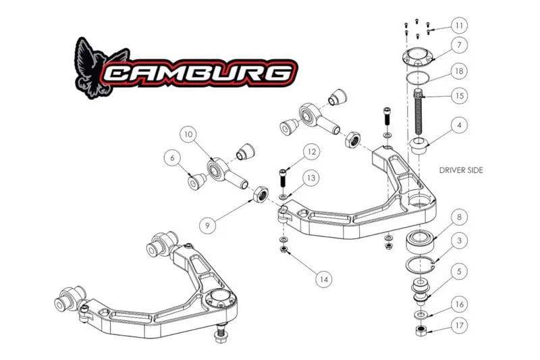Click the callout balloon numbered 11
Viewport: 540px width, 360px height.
pyautogui.click(x=459, y=26)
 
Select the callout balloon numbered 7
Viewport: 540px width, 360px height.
pyautogui.click(x=459, y=45)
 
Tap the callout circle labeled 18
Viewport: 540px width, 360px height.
pyautogui.click(x=459, y=72)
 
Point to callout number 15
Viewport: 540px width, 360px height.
pyautogui.click(x=460, y=95)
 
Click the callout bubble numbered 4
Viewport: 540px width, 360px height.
pyautogui.click(x=459, y=125)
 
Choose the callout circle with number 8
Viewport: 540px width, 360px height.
pyautogui.click(x=459, y=217)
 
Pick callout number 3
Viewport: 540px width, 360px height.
pyautogui.click(x=459, y=240)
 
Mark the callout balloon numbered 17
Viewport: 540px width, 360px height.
pyautogui.click(x=459, y=326)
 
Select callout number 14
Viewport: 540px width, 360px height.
pyautogui.click(x=324, y=279)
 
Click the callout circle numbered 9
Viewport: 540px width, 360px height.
pyautogui.click(x=207, y=226)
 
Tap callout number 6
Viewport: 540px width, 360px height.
pyautogui.click(x=172, y=158)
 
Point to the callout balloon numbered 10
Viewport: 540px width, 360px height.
pyautogui.click(x=188, y=134)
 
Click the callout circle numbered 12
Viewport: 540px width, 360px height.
pyautogui.click(x=311, y=152)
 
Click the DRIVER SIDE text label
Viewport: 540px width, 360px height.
pyautogui.click(x=461, y=170)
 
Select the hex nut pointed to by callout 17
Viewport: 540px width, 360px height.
pyautogui.click(x=421, y=331)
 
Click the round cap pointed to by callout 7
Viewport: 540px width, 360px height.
pyautogui.click(x=417, y=57)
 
